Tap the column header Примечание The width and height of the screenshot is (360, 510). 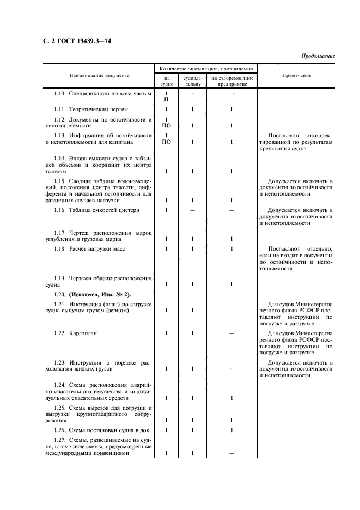pos(296,75)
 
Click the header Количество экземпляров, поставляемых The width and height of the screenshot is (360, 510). pos(205,70)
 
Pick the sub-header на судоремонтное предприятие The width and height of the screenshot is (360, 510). pos(231,81)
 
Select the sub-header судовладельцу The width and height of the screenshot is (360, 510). pos(193,81)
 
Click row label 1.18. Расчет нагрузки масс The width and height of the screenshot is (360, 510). pos(89,248)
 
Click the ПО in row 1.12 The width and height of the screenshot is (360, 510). pos(166,126)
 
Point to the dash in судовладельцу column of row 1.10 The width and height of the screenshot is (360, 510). pos(193,94)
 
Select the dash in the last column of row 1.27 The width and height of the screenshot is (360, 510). pos(231,453)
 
